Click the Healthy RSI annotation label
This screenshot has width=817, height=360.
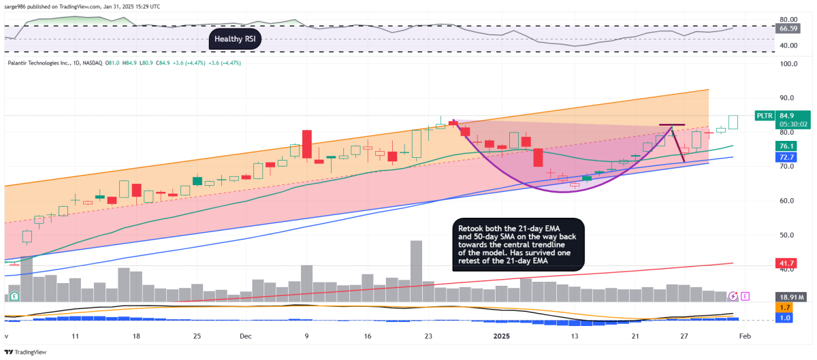click(236, 39)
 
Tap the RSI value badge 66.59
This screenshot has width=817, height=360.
click(788, 29)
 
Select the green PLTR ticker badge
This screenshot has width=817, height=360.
click(765, 116)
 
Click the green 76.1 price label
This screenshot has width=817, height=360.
click(787, 146)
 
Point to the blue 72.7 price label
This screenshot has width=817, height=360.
click(787, 157)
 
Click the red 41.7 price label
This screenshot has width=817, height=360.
click(787, 263)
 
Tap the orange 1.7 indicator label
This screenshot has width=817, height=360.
click(785, 308)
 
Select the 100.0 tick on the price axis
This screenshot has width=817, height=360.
click(789, 63)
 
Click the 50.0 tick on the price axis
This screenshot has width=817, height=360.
click(789, 235)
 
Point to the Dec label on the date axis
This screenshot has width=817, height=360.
click(246, 336)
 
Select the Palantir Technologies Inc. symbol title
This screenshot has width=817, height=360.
click(39, 63)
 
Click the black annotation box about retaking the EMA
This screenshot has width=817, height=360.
click(518, 244)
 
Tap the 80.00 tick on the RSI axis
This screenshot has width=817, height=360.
click(788, 19)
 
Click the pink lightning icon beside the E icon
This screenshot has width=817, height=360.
click(733, 296)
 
